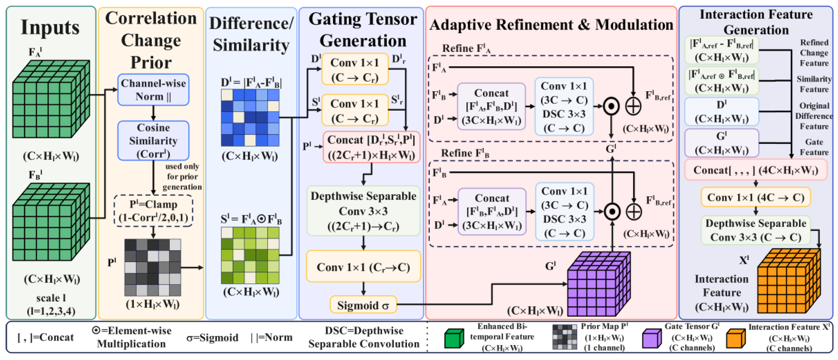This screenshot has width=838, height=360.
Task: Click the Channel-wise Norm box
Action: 153,90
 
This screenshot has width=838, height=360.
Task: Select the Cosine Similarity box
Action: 153,140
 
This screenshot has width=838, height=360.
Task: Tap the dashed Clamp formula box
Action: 153,211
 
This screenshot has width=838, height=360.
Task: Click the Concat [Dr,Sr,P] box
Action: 371,147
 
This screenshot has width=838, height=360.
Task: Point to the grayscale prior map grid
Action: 153,267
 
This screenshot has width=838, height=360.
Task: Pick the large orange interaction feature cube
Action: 789,280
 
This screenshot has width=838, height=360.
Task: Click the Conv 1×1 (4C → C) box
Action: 755,197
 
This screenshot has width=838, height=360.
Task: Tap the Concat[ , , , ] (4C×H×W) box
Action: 755,170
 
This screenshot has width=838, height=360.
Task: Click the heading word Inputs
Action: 50,27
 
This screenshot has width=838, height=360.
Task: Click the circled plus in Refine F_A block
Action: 633,106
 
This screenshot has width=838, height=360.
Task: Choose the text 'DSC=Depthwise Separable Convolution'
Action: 364,337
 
